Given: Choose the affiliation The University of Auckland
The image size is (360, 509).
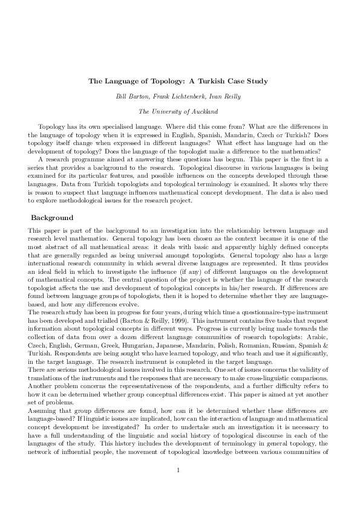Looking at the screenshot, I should [x=180, y=111].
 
